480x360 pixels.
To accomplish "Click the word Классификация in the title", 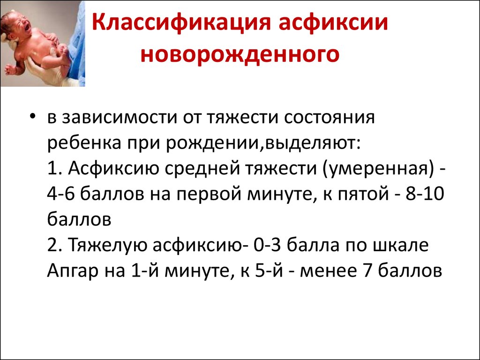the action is click(x=181, y=22).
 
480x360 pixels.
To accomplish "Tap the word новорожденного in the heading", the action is click(x=240, y=55).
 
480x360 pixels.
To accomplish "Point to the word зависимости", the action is click(x=120, y=118).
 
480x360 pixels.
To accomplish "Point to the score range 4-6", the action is click(x=61, y=194).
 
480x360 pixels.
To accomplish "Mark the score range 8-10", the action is click(x=425, y=194).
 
